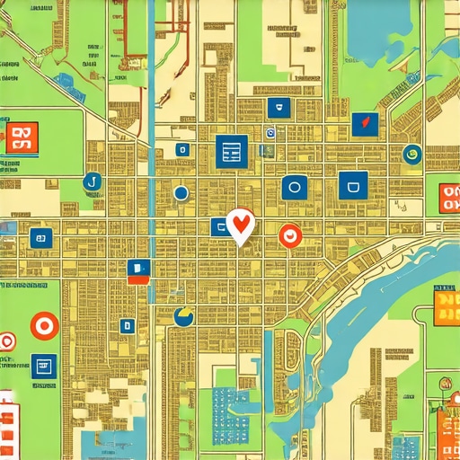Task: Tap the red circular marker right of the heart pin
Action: tap(289, 235)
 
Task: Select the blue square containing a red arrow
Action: tap(364, 124)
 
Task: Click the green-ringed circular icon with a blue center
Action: tap(412, 154)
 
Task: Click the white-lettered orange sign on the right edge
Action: tap(448, 199)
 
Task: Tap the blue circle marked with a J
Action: tap(90, 184)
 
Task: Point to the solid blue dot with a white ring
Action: tap(181, 192)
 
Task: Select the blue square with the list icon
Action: tap(231, 151)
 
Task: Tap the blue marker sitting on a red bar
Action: tap(136, 269)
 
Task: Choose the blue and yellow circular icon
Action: tap(184, 315)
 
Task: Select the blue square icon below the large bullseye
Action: tap(42, 365)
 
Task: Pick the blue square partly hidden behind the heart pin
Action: tap(218, 226)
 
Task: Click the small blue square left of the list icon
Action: tap(182, 150)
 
